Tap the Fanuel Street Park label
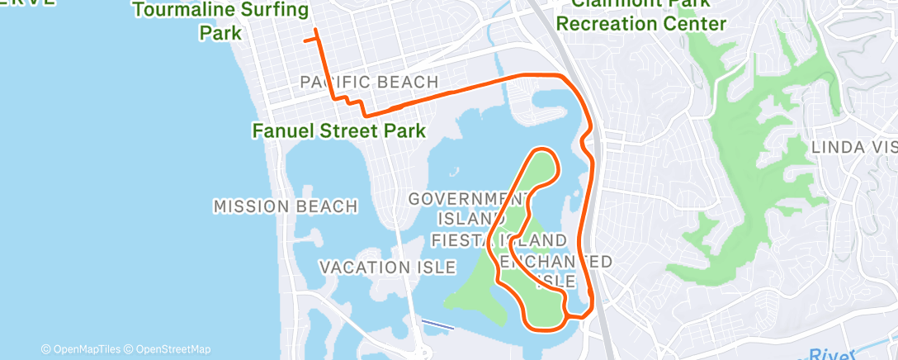click(338, 130)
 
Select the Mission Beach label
click(286, 206)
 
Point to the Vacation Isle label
click(387, 268)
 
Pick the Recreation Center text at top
click(640, 23)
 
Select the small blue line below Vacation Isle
click(437, 324)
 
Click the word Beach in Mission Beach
click(329, 206)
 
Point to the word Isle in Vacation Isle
click(436, 268)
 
